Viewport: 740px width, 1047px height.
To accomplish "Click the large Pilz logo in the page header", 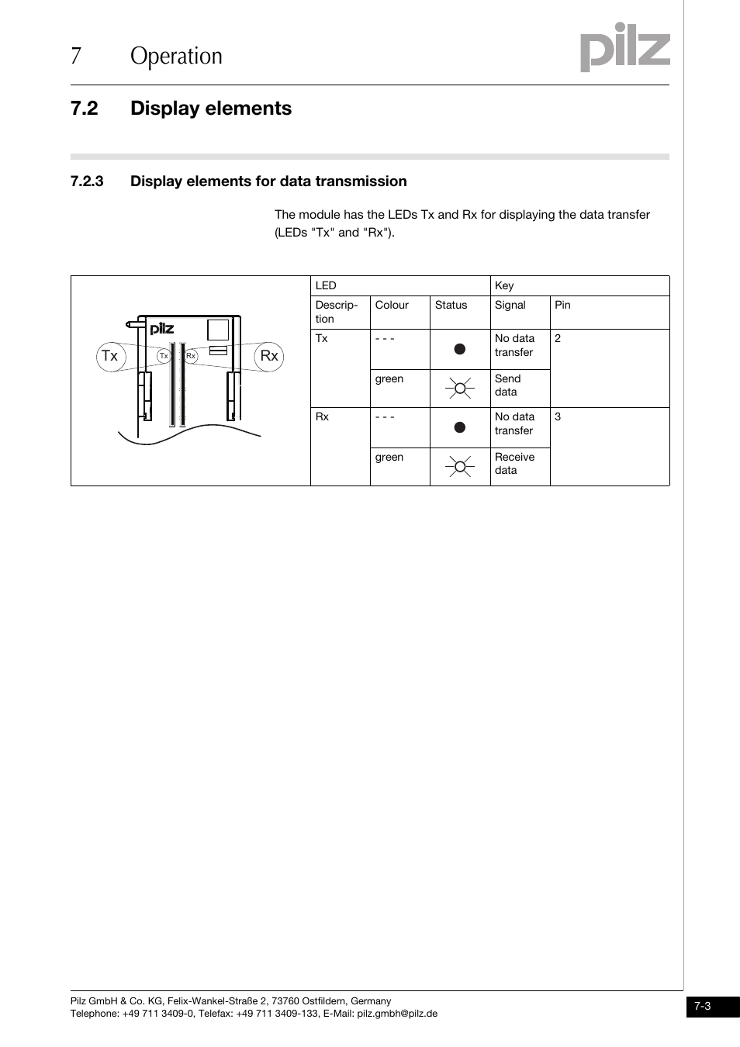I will (x=625, y=47).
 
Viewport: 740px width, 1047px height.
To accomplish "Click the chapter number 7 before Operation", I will (x=75, y=56).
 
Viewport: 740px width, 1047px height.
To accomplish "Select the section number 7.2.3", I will (x=87, y=181).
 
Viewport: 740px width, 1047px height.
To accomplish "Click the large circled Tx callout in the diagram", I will (x=111, y=356).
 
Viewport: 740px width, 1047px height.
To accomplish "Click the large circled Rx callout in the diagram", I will (x=269, y=356).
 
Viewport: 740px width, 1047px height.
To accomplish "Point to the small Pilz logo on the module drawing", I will (x=161, y=329).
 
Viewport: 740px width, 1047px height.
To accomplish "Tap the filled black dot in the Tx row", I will (x=460, y=349).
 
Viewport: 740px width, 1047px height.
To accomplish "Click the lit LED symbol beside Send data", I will (x=460, y=388).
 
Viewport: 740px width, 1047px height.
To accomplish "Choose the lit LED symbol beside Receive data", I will (x=460, y=466).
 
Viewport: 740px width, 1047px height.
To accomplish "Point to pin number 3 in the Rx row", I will (x=558, y=417).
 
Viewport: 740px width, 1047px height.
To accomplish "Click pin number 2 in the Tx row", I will (x=558, y=339).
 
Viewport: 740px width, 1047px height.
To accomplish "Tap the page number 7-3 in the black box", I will (x=703, y=1007).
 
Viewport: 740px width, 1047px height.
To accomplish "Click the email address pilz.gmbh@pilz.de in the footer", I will (x=397, y=1014).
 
